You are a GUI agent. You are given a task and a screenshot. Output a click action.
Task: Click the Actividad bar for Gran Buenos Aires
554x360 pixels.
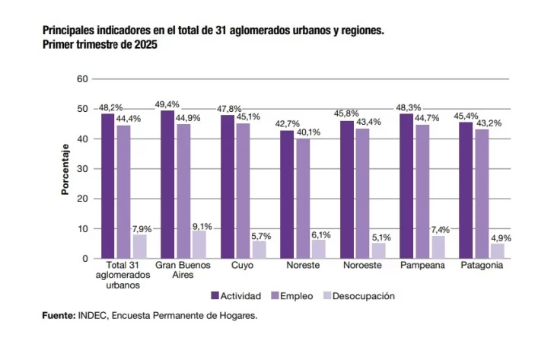(x=167, y=184)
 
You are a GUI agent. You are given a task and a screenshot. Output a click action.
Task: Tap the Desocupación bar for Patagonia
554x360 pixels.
(x=497, y=251)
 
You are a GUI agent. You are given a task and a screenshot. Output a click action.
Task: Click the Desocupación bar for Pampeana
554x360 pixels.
(x=438, y=247)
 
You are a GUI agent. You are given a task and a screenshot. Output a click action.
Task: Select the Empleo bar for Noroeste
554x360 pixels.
(x=362, y=193)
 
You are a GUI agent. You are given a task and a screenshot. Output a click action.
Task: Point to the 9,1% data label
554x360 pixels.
(x=202, y=226)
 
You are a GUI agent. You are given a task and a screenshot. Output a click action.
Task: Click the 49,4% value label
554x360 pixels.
(x=167, y=104)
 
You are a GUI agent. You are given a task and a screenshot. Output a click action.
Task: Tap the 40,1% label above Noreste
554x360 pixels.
(x=308, y=132)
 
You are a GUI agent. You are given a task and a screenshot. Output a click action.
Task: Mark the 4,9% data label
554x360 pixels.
(x=501, y=238)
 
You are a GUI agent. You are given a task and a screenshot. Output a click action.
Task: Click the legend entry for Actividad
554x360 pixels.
(x=236, y=295)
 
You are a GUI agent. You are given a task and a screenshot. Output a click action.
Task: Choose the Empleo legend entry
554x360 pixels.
(x=294, y=295)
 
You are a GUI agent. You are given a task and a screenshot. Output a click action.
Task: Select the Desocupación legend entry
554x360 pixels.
(x=358, y=295)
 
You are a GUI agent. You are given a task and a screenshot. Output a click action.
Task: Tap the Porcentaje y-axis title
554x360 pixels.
(x=65, y=169)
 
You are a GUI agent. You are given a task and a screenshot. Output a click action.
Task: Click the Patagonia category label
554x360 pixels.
(x=481, y=266)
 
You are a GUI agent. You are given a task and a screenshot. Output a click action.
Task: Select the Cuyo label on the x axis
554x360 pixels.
(x=242, y=266)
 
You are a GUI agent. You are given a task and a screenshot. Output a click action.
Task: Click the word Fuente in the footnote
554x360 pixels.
(x=58, y=315)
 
